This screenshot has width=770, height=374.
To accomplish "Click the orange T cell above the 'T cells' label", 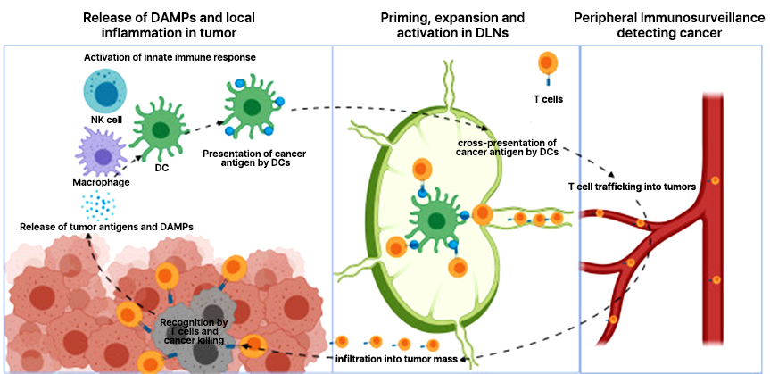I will point(546,64).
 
